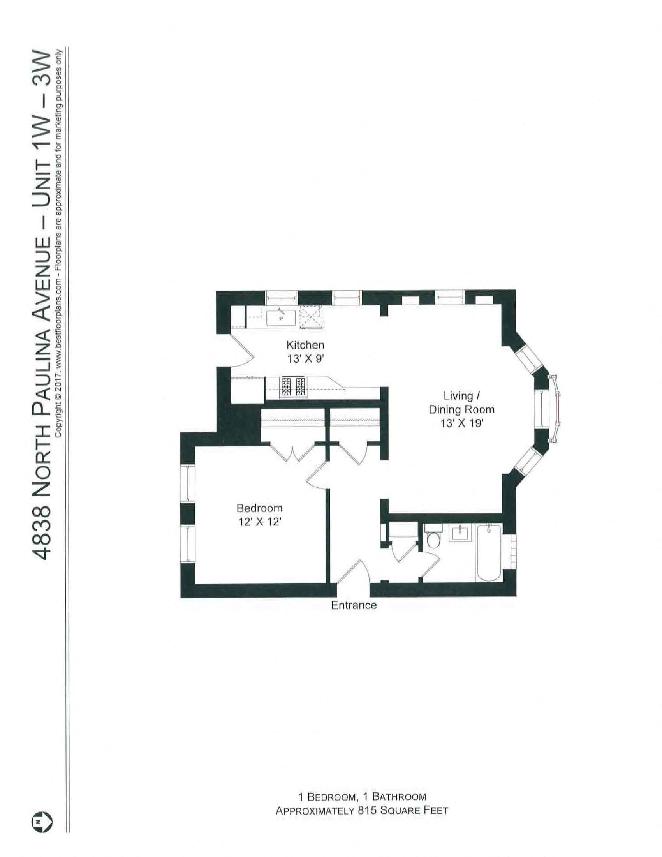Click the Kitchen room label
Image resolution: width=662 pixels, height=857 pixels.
(x=305, y=345)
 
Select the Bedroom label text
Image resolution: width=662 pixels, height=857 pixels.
(x=259, y=508)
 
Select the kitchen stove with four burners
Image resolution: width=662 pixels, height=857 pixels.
(x=293, y=387)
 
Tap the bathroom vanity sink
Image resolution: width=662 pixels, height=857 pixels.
(x=459, y=534)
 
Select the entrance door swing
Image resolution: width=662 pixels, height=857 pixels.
(x=351, y=573)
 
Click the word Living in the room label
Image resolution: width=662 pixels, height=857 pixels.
(x=458, y=395)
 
